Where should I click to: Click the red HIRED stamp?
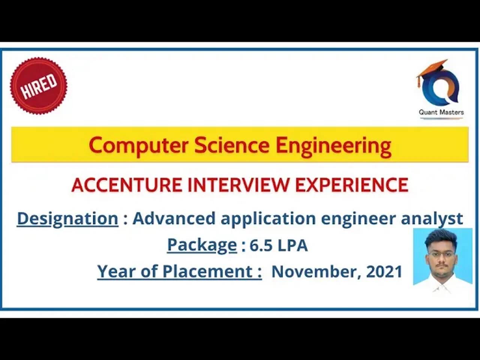tap(39, 85)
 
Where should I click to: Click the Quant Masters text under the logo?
tap(441, 112)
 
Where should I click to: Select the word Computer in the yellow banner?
tap(138, 145)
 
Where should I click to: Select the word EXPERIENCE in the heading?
tap(351, 184)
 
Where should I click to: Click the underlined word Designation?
tap(67, 219)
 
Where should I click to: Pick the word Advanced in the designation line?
tap(174, 218)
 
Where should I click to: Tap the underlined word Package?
tap(202, 245)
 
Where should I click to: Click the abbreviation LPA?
tap(292, 246)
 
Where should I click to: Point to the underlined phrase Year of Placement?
tap(179, 271)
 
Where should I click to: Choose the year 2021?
tap(384, 271)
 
